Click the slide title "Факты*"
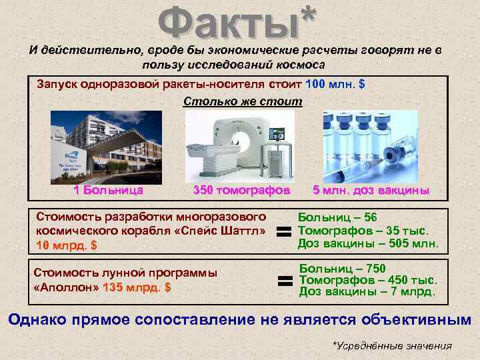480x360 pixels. point(237,21)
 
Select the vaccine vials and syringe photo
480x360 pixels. point(369,145)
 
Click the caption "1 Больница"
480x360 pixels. point(109,191)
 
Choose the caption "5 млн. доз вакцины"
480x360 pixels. point(371,191)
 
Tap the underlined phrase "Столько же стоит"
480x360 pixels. point(242,102)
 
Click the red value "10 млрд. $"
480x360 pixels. point(67,245)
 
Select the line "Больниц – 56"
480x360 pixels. point(337,218)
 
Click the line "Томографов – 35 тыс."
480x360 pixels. point(367,231)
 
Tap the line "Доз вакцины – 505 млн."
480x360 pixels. point(368,243)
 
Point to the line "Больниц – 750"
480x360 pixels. point(342,268)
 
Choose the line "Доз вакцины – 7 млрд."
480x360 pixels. point(367,291)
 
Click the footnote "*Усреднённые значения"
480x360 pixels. point(391,345)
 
